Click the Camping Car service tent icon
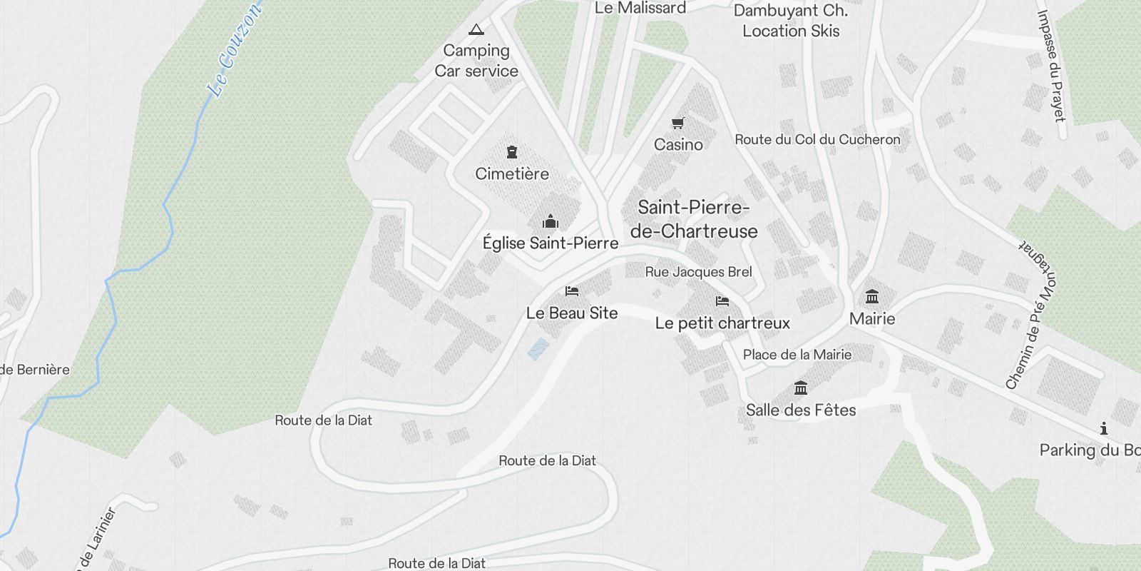pyautogui.click(x=476, y=30)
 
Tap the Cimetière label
pyautogui.click(x=512, y=173)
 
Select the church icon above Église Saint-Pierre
pyautogui.click(x=551, y=221)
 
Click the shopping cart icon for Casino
pyautogui.click(x=678, y=123)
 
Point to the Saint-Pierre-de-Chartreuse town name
pyautogui.click(x=694, y=219)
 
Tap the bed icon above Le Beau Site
pyautogui.click(x=572, y=291)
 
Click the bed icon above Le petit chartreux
pyautogui.click(x=722, y=301)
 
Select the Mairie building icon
pyautogui.click(x=871, y=296)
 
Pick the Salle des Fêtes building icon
pyautogui.click(x=801, y=388)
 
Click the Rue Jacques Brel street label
pyautogui.click(x=698, y=272)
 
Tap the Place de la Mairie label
pyautogui.click(x=797, y=355)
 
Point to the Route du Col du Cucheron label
pyautogui.click(x=817, y=140)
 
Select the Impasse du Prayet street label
pyautogui.click(x=1050, y=66)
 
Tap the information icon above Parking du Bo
pyautogui.click(x=1104, y=429)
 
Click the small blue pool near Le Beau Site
pyautogui.click(x=538, y=349)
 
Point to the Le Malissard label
pyautogui.click(x=640, y=9)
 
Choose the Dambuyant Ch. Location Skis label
pyautogui.click(x=791, y=21)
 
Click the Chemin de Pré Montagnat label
pyautogui.click(x=1033, y=314)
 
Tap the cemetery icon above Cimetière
pyautogui.click(x=511, y=152)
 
